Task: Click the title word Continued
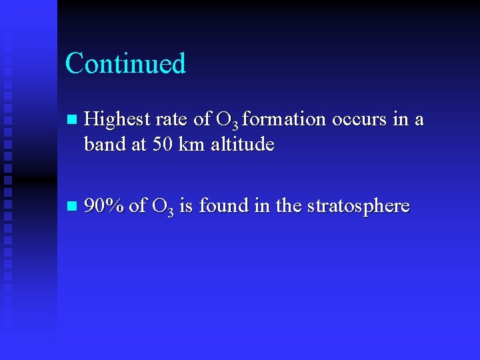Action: click(125, 63)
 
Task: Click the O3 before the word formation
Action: click(227, 121)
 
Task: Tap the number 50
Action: click(163, 144)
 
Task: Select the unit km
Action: click(193, 144)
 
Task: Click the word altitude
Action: click(243, 144)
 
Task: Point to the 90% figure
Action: click(104, 207)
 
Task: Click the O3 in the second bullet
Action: click(163, 207)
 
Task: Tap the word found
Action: click(222, 206)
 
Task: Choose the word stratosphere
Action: click(358, 207)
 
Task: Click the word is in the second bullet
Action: click(186, 206)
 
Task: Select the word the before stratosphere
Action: click(288, 206)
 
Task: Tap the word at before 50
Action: click(138, 144)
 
